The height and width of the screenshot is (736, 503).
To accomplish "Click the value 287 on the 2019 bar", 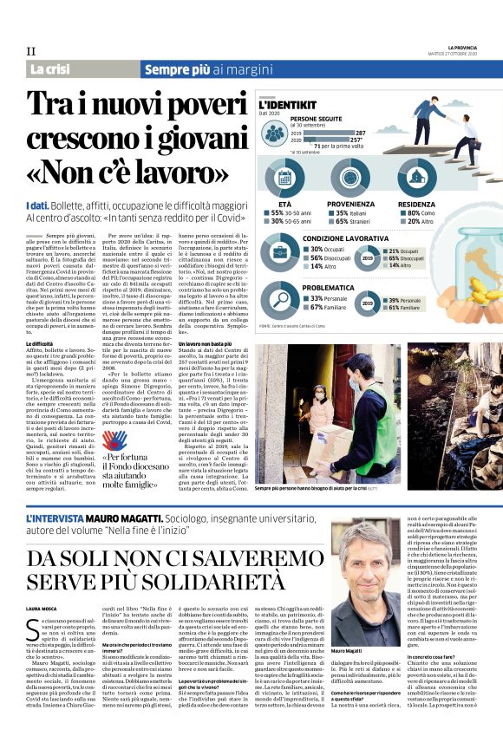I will tap(360, 133).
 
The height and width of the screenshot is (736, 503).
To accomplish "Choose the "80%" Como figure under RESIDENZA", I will tap(408, 212).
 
